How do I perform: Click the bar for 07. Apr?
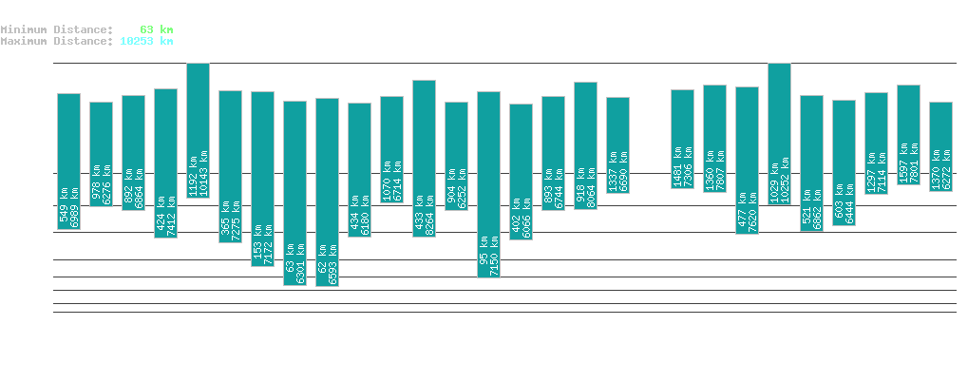click(x=198, y=130)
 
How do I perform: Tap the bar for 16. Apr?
click(x=488, y=184)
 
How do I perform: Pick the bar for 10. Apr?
click(x=294, y=193)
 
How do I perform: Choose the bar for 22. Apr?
click(x=682, y=139)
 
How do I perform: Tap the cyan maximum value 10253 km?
click(x=146, y=41)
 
